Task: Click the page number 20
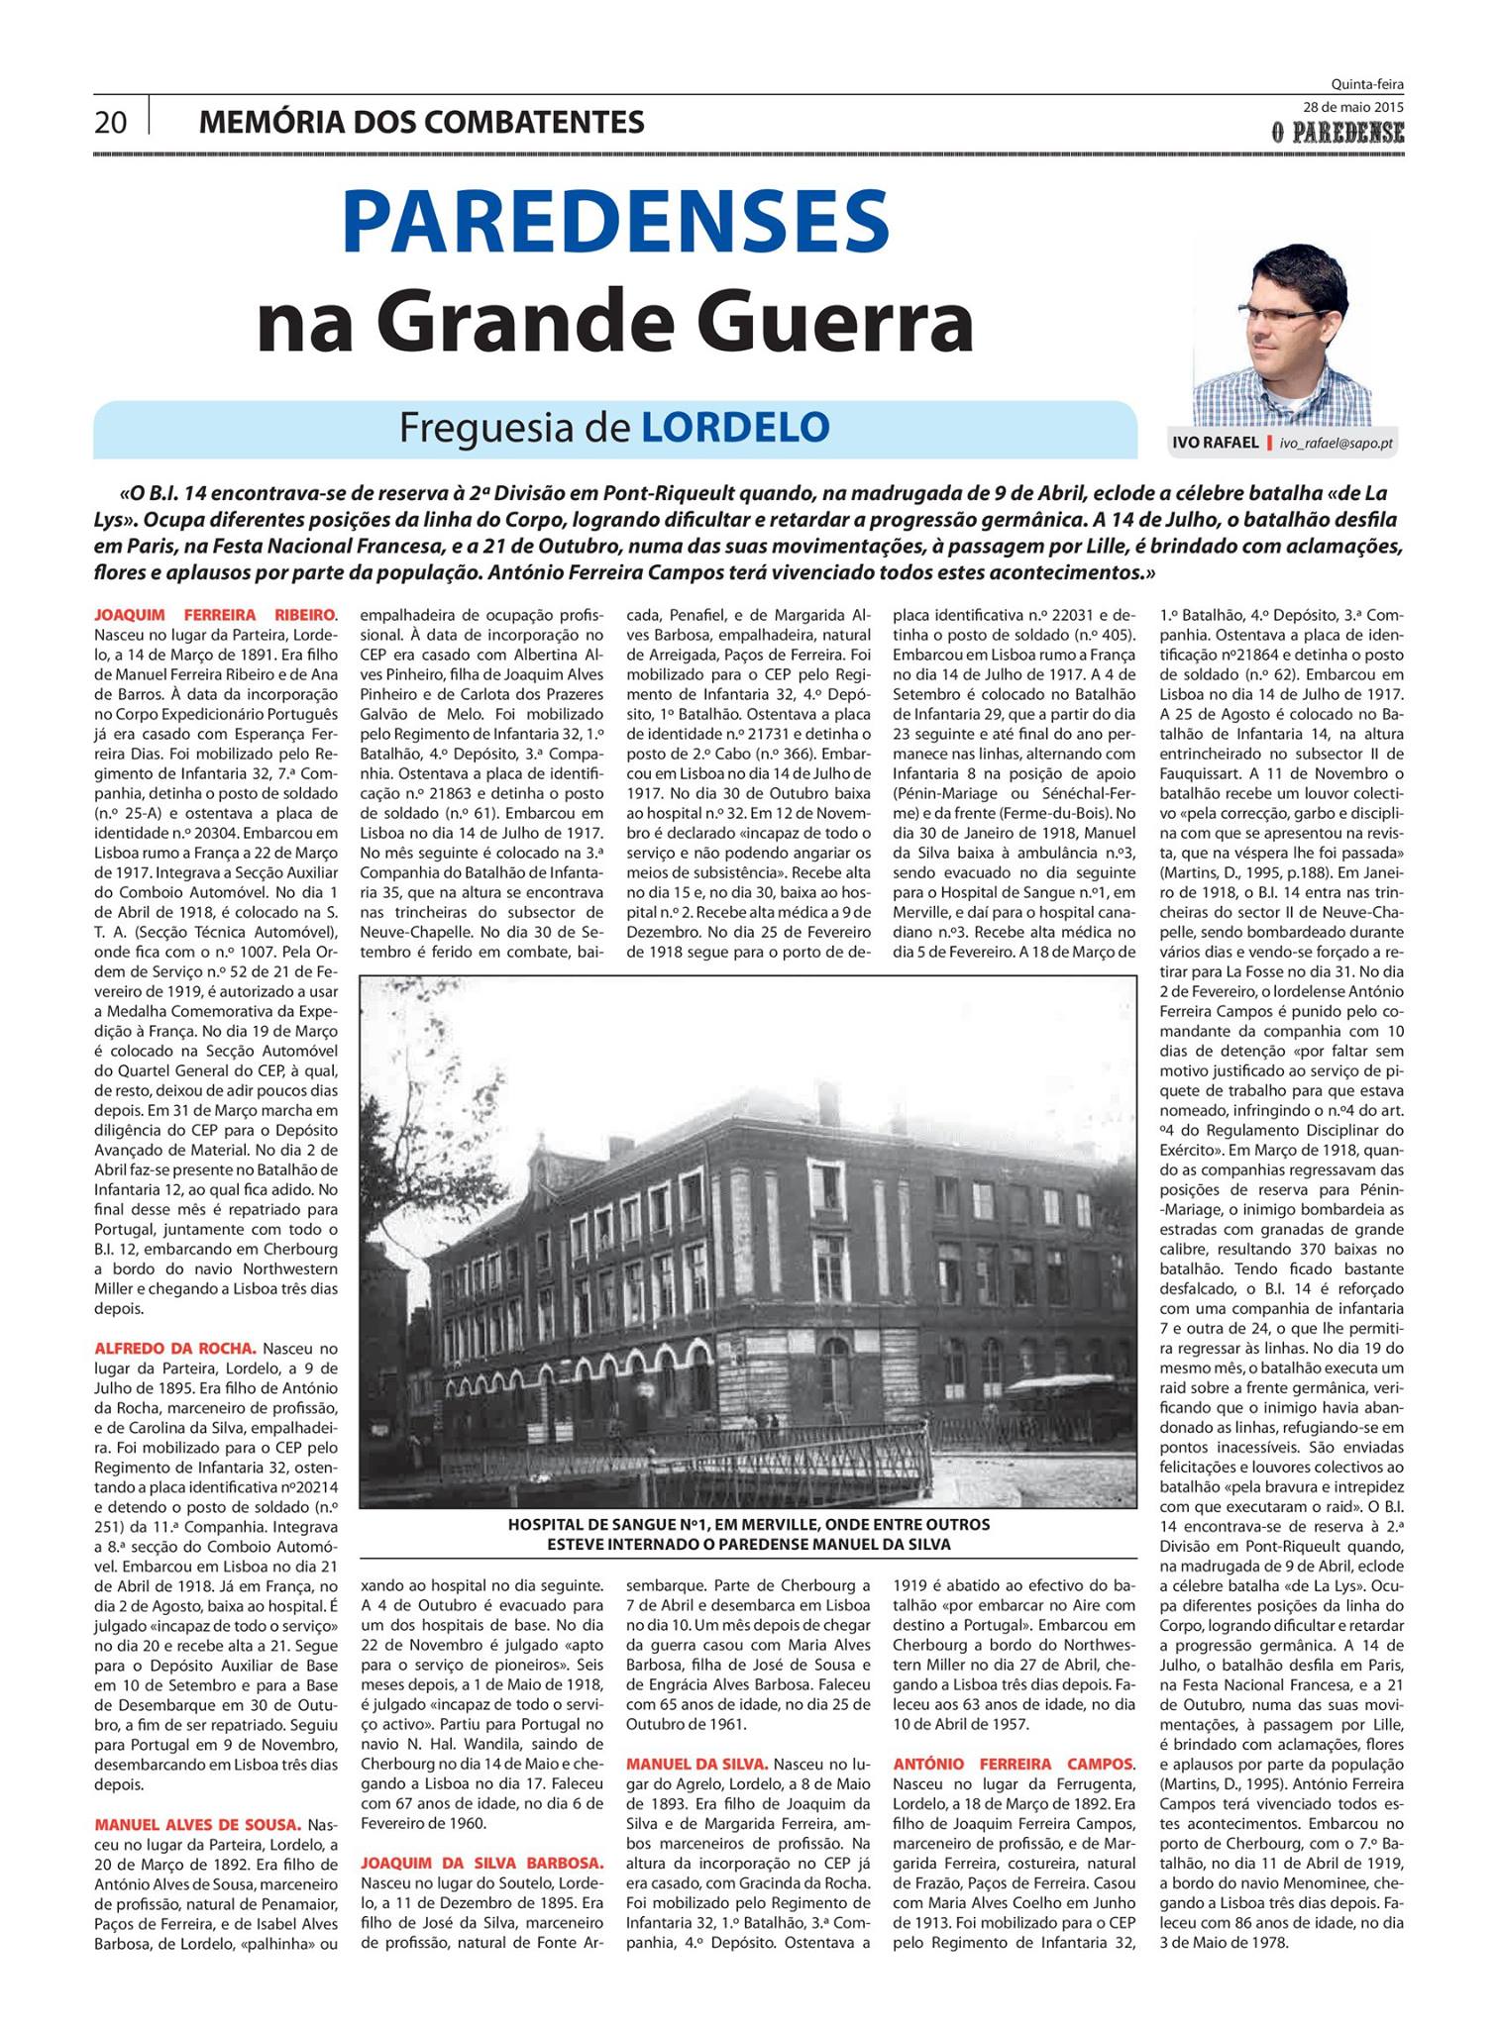[111, 122]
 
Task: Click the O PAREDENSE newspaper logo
[1339, 130]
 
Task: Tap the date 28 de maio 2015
[1353, 107]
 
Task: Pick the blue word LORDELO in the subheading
[735, 428]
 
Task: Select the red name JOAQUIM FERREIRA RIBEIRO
[215, 614]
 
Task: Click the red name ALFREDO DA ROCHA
[175, 1348]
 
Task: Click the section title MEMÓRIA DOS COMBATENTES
[422, 122]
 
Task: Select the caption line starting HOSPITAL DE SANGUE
[748, 1525]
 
